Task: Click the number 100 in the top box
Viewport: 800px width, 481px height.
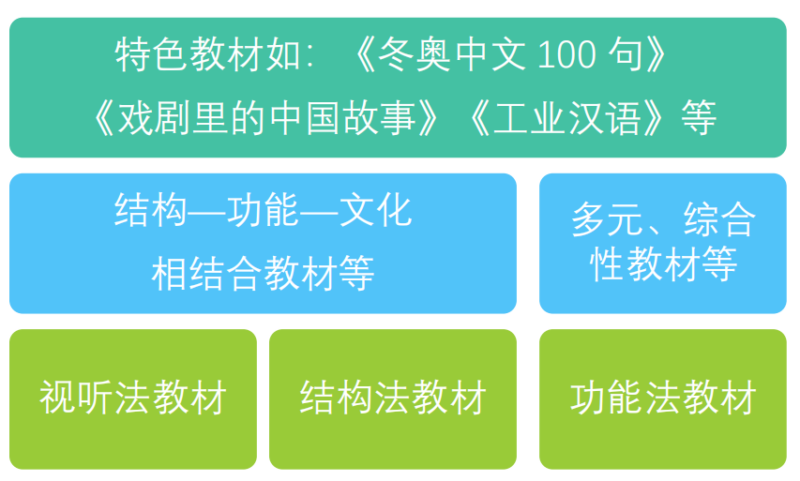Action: click(x=566, y=54)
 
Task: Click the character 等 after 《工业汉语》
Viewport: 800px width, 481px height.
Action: click(x=699, y=118)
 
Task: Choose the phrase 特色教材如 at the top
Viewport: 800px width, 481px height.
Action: click(x=207, y=54)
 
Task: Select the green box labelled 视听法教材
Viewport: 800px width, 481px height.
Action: click(x=133, y=398)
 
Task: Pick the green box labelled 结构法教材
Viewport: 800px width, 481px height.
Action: click(x=393, y=398)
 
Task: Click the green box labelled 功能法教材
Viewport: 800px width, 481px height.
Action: click(x=663, y=398)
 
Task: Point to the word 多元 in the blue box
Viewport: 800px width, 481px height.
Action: click(x=607, y=219)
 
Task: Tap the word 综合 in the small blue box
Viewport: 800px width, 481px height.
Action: click(x=719, y=219)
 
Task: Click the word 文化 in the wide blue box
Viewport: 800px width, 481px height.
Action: click(x=375, y=210)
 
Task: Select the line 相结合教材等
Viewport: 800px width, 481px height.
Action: click(x=264, y=274)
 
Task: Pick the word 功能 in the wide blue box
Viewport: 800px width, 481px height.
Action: click(x=263, y=210)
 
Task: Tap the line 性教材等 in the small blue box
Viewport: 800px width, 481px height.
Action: click(x=663, y=263)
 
